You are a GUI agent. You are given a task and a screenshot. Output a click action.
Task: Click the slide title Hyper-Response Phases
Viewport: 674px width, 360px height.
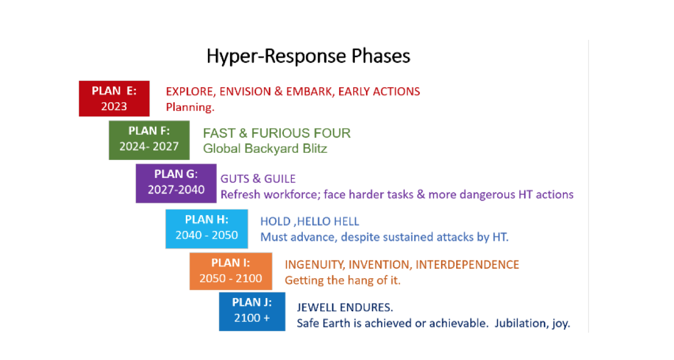pyautogui.click(x=309, y=56)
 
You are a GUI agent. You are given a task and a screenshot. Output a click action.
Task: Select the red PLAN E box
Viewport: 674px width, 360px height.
pyautogui.click(x=114, y=99)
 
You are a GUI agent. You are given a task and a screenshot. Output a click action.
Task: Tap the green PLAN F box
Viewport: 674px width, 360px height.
pyautogui.click(x=149, y=140)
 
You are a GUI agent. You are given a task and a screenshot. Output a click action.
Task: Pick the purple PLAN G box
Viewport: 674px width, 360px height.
pyautogui.click(x=176, y=184)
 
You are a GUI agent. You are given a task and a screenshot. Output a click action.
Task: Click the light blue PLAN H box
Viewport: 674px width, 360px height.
pyautogui.click(x=207, y=229)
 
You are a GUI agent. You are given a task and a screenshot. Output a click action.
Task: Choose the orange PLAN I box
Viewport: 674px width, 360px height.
pyautogui.click(x=231, y=271)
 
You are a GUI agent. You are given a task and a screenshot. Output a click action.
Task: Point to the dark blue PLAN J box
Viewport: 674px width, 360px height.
pyautogui.click(x=252, y=312)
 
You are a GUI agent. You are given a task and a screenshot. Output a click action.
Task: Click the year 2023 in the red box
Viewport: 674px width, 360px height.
pyautogui.click(x=114, y=107)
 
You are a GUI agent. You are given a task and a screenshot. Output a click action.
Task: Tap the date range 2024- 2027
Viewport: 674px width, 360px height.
pyautogui.click(x=149, y=146)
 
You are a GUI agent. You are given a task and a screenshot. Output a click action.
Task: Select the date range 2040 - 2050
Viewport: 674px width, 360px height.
pyautogui.click(x=207, y=235)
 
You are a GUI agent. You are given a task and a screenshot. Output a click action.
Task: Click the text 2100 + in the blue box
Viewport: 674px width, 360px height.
pyautogui.click(x=252, y=318)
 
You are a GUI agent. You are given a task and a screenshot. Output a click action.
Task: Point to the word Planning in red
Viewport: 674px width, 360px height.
pyautogui.click(x=189, y=108)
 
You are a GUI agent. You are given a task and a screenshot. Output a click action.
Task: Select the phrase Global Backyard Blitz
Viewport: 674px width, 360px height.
pyautogui.click(x=265, y=149)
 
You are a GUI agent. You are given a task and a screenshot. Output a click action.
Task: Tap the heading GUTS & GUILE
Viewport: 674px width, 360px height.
pyautogui.click(x=258, y=179)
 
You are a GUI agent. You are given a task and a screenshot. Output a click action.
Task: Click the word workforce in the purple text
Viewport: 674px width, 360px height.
pyautogui.click(x=290, y=195)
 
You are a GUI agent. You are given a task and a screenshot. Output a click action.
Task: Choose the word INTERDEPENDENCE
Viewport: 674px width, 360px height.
pyautogui.click(x=467, y=264)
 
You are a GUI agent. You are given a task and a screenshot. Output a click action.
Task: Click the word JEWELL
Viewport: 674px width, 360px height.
pyautogui.click(x=317, y=308)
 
